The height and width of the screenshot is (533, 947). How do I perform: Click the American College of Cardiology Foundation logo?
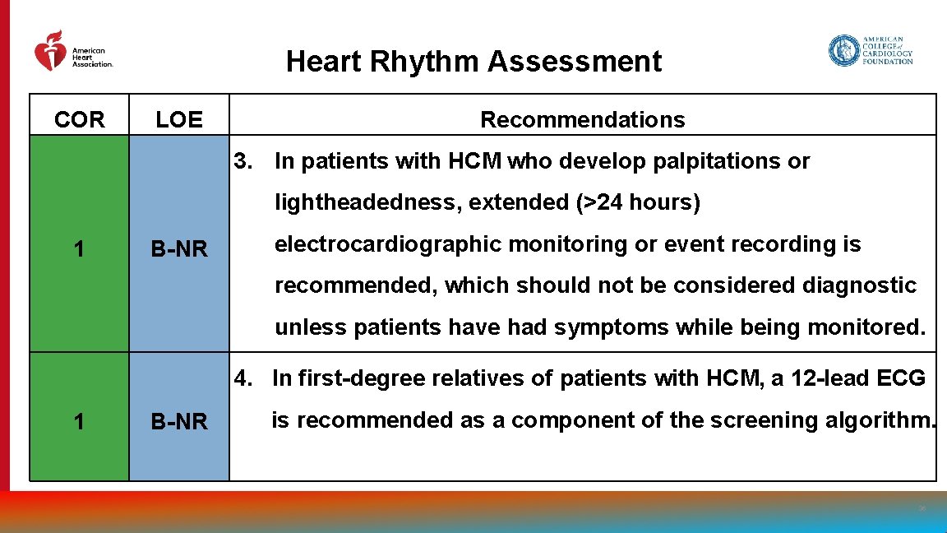(871, 50)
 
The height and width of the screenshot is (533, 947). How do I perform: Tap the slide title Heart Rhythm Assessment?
(473, 62)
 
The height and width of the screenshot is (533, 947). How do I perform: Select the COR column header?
(80, 120)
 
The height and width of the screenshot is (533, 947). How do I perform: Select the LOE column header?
(179, 120)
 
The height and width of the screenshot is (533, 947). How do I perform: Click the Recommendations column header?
(582, 120)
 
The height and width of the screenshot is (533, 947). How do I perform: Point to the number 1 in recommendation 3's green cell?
(79, 248)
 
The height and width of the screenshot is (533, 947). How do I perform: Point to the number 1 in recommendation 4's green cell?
(79, 422)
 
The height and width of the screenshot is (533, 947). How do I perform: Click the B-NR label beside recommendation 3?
(179, 248)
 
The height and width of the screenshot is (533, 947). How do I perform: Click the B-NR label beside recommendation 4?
(179, 422)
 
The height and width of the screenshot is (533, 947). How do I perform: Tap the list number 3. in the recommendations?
(244, 161)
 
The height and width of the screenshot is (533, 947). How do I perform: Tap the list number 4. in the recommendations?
(244, 378)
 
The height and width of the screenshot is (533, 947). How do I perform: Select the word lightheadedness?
(368, 202)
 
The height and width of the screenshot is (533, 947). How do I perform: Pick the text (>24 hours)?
(639, 202)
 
